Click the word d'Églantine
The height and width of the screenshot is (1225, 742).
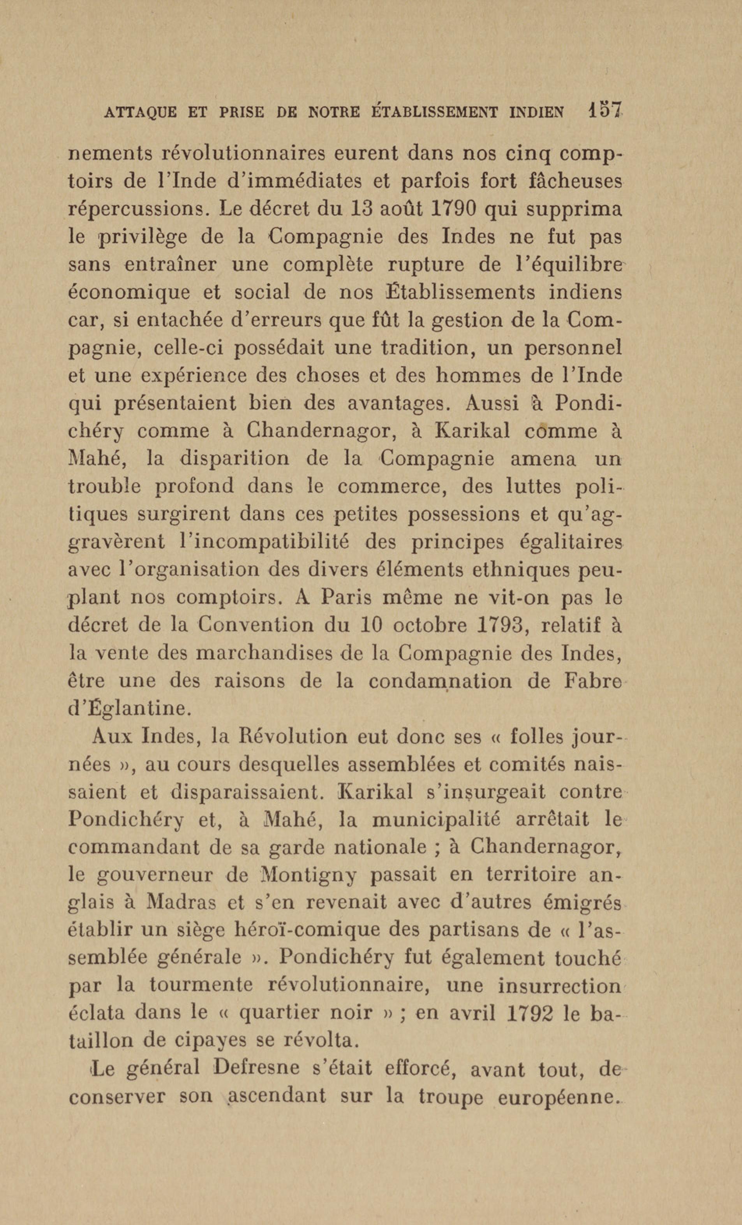(x=129, y=708)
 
